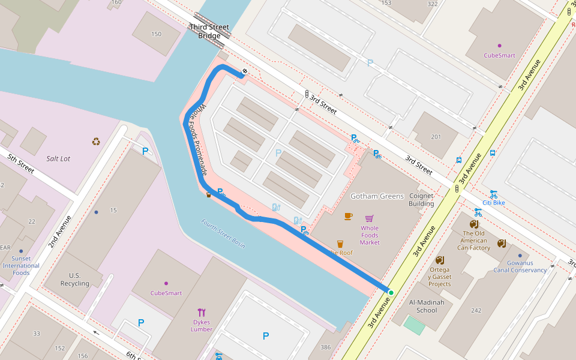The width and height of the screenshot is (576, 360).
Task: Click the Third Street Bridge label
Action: [x=209, y=31]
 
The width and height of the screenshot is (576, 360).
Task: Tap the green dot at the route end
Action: [x=391, y=293]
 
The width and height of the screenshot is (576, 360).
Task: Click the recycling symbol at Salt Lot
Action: [x=96, y=142]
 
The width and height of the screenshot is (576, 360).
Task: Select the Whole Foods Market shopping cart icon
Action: [x=370, y=218]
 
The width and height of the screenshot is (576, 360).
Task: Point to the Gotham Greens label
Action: [x=372, y=196]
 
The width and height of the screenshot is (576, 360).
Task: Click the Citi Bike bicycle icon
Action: [x=494, y=194]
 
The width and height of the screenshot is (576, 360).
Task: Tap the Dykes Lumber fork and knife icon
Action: [x=202, y=312]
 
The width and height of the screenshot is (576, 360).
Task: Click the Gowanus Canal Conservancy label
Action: [x=520, y=266]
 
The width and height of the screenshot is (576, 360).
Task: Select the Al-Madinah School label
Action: [x=427, y=306]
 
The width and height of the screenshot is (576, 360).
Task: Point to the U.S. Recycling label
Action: [x=75, y=280]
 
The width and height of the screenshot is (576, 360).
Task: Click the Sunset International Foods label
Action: [x=21, y=265]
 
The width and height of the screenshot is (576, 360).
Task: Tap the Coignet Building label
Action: [x=421, y=200]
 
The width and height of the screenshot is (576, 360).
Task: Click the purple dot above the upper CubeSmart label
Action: [x=499, y=46]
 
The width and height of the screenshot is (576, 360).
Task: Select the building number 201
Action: [x=436, y=137]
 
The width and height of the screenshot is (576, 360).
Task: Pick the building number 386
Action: [x=326, y=347]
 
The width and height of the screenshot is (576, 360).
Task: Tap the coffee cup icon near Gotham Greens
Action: [x=349, y=216]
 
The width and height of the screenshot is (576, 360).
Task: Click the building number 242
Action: [x=476, y=310]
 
